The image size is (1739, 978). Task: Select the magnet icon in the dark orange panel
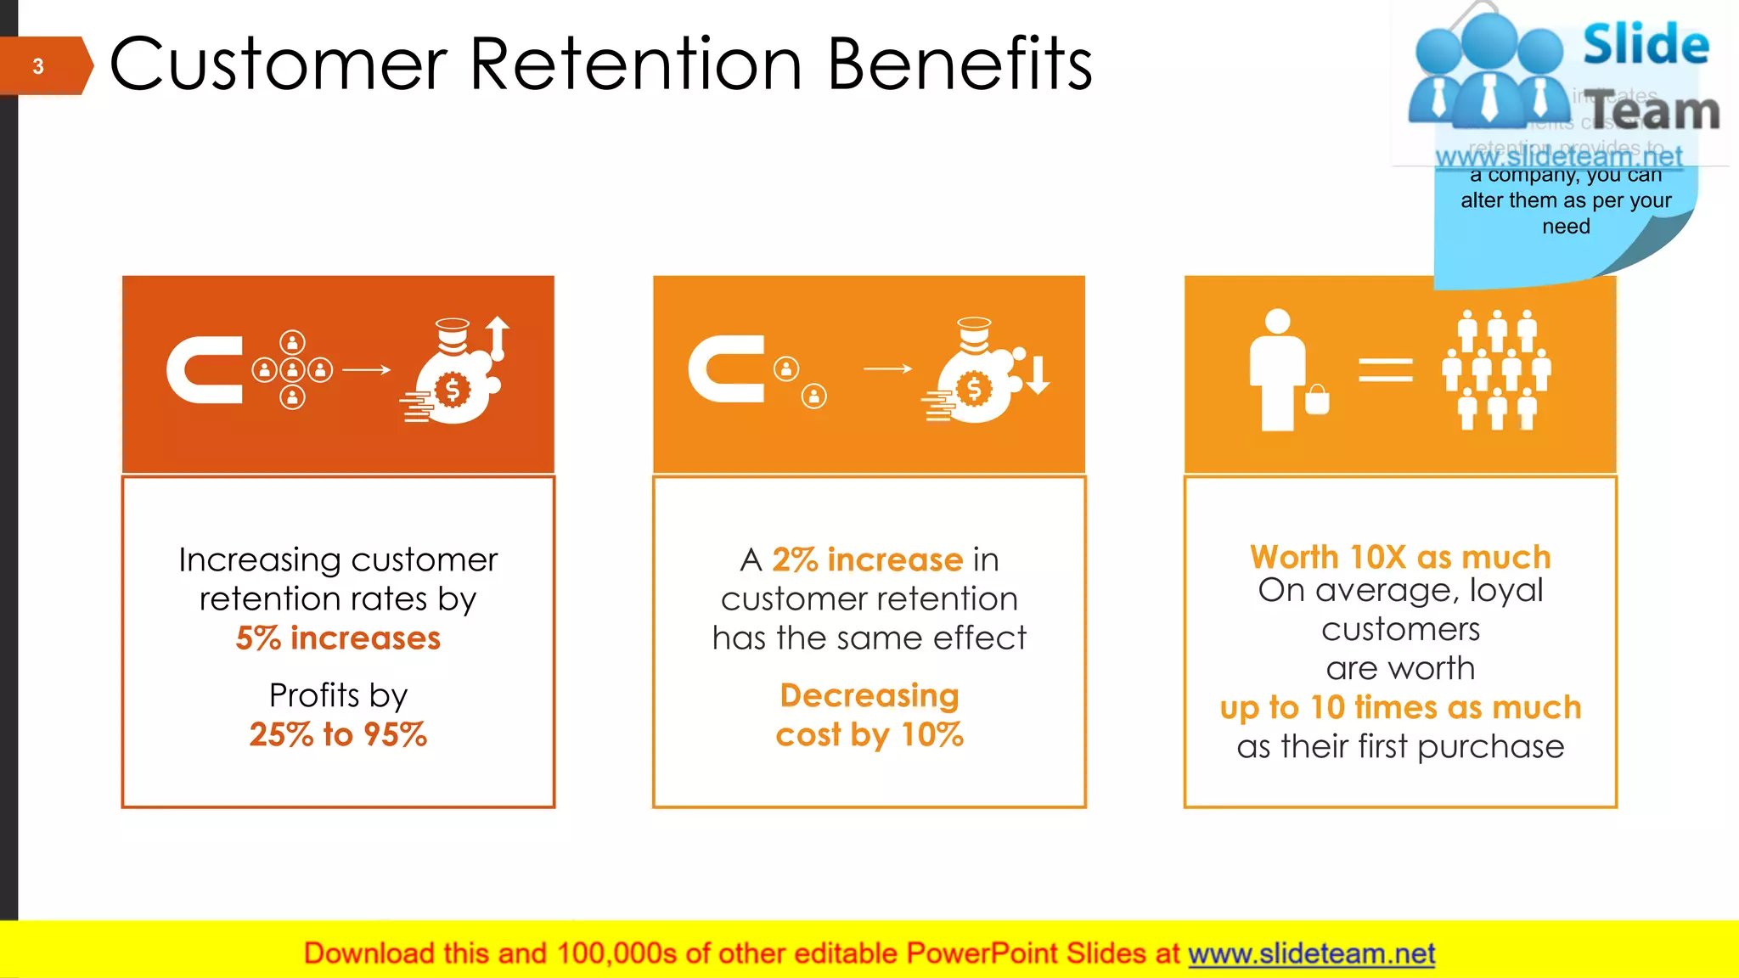(x=205, y=370)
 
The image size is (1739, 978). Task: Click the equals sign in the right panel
(x=1385, y=370)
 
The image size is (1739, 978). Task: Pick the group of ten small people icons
(x=1496, y=370)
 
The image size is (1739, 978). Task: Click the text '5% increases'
(x=338, y=638)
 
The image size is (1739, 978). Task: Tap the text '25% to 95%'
(x=338, y=734)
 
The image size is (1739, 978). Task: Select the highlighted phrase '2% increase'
(x=867, y=559)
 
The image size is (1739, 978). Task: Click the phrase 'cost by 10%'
(x=869, y=734)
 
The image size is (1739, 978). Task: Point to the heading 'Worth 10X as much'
(x=1400, y=557)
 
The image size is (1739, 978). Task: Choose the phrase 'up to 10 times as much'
(x=1400, y=707)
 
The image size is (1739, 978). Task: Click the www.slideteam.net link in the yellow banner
(x=1311, y=953)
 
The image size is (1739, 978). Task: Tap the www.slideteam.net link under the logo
(x=1558, y=157)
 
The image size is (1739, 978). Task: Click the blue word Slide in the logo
(x=1646, y=45)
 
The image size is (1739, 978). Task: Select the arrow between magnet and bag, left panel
(x=366, y=369)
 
